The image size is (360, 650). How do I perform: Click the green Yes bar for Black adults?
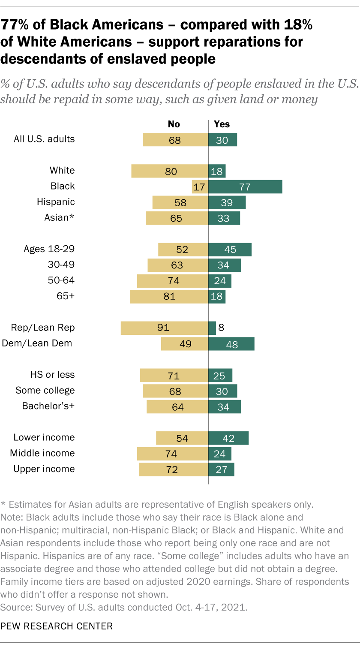point(245,187)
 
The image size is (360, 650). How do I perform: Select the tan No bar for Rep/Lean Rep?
point(164,328)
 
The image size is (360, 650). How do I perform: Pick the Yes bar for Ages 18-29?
point(230,250)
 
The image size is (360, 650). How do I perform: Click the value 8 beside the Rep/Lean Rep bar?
point(222,328)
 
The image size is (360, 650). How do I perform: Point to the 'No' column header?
point(174,124)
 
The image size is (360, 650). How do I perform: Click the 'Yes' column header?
point(222,124)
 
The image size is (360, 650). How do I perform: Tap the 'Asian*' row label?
point(59,218)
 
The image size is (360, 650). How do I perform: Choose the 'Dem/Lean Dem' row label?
point(37,343)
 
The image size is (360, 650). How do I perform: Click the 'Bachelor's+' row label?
point(48,406)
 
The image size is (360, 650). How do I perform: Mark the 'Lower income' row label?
point(44,438)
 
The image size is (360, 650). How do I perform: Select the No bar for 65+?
point(169,297)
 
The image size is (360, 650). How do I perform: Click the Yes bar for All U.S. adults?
point(222,140)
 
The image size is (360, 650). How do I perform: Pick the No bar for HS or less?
point(174,375)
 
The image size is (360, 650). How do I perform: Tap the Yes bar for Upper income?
point(221,469)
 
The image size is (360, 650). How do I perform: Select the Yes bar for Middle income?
point(220,454)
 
